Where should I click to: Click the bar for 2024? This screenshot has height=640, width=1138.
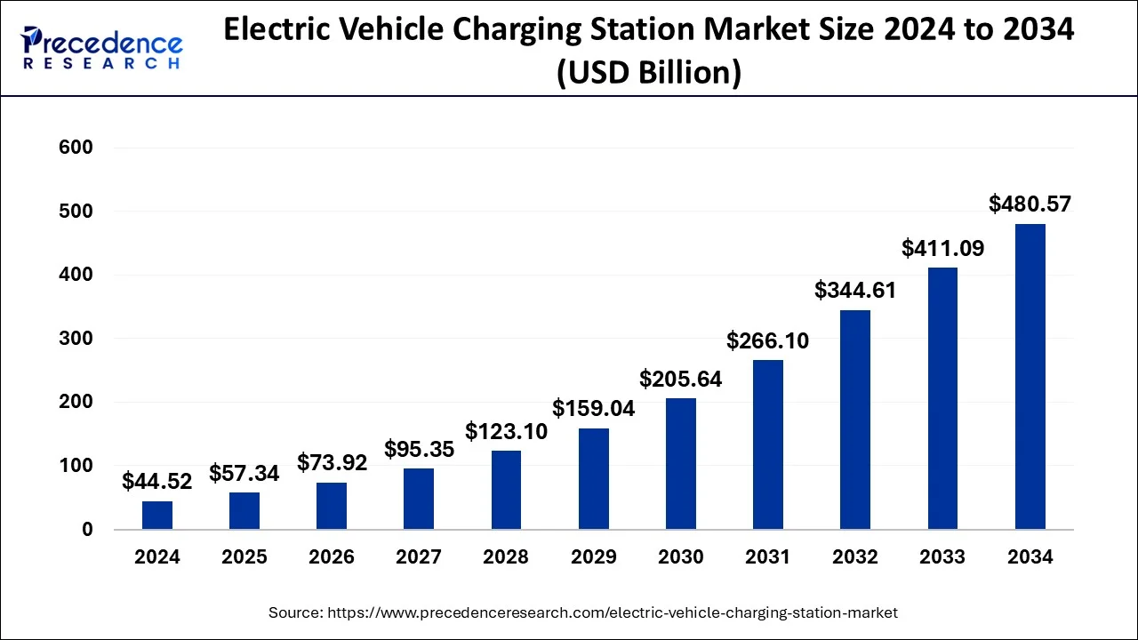[x=157, y=516]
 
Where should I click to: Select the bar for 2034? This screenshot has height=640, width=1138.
[x=1030, y=377]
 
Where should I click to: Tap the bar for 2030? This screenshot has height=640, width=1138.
[x=681, y=464]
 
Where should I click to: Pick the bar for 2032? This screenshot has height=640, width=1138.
[x=855, y=420]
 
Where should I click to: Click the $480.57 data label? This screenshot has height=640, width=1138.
[x=1030, y=204]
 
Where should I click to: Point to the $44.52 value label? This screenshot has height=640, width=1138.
[x=157, y=482]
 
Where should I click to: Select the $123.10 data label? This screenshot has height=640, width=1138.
[x=507, y=432]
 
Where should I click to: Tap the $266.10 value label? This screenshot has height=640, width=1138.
[x=768, y=340]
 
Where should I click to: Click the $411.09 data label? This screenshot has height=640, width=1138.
[x=942, y=248]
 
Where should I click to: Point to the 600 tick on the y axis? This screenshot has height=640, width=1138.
[x=76, y=148]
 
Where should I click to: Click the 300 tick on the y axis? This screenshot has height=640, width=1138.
[x=76, y=339]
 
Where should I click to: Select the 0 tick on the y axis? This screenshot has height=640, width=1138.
[x=86, y=530]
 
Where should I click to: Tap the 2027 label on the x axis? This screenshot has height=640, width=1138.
[x=419, y=557]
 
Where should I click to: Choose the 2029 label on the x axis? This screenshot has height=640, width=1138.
[x=594, y=557]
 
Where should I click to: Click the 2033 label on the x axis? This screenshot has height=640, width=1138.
[x=942, y=557]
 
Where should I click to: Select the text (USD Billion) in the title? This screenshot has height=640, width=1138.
[x=648, y=71]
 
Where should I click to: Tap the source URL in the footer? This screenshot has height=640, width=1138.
[x=613, y=612]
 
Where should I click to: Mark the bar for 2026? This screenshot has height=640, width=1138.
[x=332, y=506]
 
